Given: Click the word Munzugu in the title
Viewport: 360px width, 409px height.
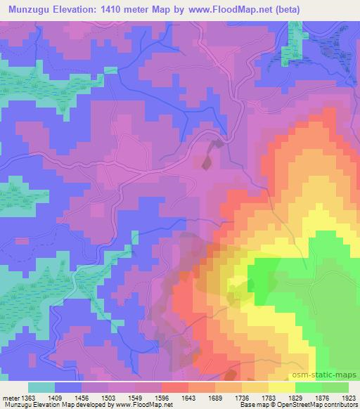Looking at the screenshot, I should pos(32,9).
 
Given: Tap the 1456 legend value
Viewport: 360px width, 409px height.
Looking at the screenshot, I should pos(94,397).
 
